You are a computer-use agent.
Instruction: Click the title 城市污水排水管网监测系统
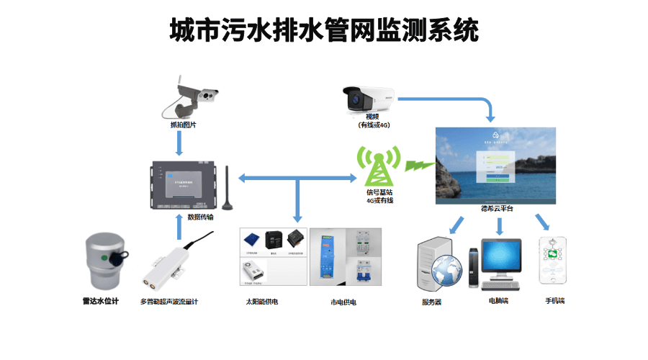point(324,31)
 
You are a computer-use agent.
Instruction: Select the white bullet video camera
point(367,96)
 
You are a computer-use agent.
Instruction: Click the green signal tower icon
point(379,168)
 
